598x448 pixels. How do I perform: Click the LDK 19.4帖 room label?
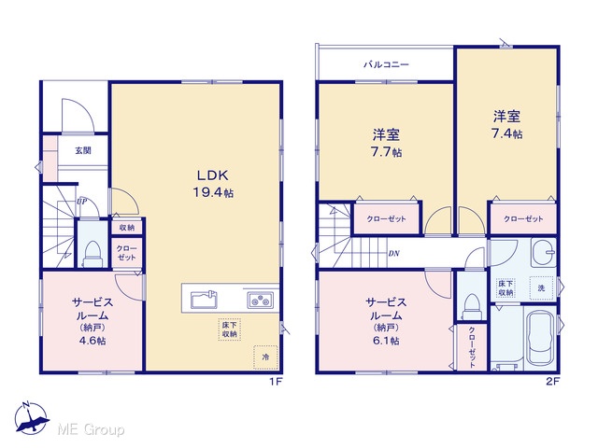pyautogui.click(x=212, y=184)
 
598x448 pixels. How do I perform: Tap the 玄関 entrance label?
pyautogui.click(x=83, y=150)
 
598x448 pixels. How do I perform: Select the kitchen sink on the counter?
pyautogui.click(x=204, y=300)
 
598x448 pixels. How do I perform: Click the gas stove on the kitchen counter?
pyautogui.click(x=260, y=300)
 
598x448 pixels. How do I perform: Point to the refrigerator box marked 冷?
pyautogui.click(x=265, y=357)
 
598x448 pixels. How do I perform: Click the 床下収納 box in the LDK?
pyautogui.click(x=229, y=329)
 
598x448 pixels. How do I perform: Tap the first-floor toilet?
pyautogui.click(x=93, y=253)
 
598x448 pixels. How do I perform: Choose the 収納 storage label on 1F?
pyautogui.click(x=127, y=228)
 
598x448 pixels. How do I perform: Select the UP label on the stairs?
pyautogui.click(x=81, y=202)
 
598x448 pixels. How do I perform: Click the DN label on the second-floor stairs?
pyautogui.click(x=393, y=253)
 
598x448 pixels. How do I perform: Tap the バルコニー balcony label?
pyautogui.click(x=386, y=64)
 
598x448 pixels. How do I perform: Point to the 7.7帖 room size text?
pyautogui.click(x=386, y=152)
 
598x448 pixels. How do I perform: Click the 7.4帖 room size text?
pyautogui.click(x=506, y=133)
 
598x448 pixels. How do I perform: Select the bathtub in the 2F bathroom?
pyautogui.click(x=539, y=337)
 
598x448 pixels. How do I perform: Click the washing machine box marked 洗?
pyautogui.click(x=541, y=288)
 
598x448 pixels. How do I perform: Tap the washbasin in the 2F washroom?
pyautogui.click(x=544, y=253)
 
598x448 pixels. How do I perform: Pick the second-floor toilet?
pyautogui.click(x=472, y=307)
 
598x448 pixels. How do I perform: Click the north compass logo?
pyautogui.click(x=31, y=418)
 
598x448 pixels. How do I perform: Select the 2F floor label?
pyautogui.click(x=552, y=382)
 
